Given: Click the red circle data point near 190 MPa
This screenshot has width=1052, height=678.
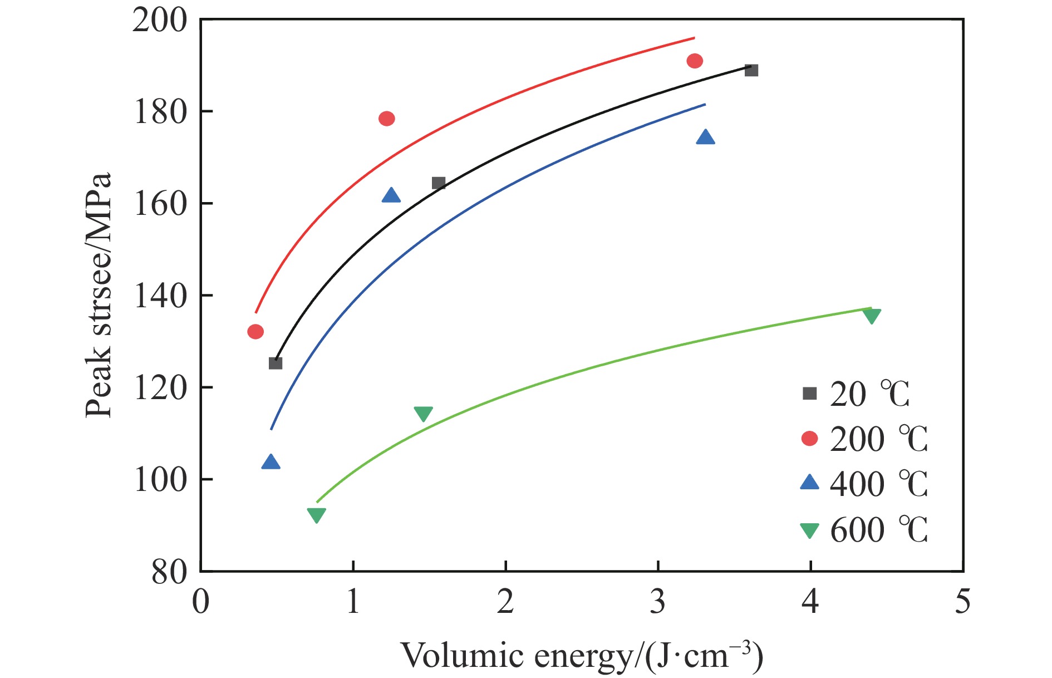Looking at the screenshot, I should pyautogui.click(x=695, y=61).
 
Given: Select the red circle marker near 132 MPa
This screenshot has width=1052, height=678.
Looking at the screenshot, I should pyautogui.click(x=255, y=332).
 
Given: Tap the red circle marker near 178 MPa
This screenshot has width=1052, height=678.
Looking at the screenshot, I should pyautogui.click(x=387, y=119).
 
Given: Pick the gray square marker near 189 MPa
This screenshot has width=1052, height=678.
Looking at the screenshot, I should pyautogui.click(x=751, y=70).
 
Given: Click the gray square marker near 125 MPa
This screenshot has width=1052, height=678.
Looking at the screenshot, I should pyautogui.click(x=276, y=363).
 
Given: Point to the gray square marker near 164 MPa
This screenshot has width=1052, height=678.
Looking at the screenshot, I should pyautogui.click(x=439, y=183).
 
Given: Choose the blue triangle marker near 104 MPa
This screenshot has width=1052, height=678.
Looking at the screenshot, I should pyautogui.click(x=271, y=463).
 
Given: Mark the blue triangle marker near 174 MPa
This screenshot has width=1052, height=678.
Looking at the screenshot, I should pyautogui.click(x=705, y=137).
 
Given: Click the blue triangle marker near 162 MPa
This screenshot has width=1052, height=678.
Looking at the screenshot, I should pyautogui.click(x=391, y=196).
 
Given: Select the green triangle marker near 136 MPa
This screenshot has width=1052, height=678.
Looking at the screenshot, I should pyautogui.click(x=872, y=316).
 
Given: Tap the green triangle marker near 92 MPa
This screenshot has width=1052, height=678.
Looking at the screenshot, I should pyautogui.click(x=316, y=515).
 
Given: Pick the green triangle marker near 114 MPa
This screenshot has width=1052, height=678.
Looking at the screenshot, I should pyautogui.click(x=424, y=414).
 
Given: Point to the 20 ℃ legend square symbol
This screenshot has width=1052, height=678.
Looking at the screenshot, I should pyautogui.click(x=809, y=394).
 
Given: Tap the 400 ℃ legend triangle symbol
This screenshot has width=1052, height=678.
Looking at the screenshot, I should pyautogui.click(x=809, y=482).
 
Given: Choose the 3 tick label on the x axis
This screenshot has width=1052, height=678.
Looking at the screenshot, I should pyautogui.click(x=658, y=602).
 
